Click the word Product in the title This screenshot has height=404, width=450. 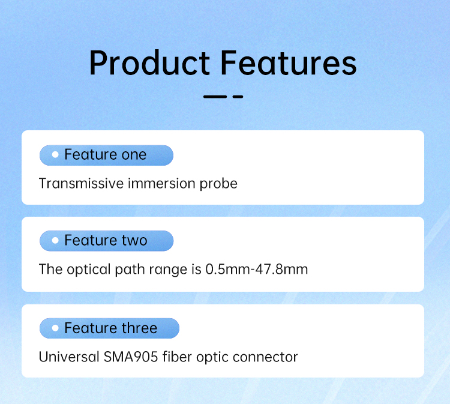149,63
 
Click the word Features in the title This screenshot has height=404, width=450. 289,63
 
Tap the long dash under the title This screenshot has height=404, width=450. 215,97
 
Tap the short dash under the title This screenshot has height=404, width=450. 238,97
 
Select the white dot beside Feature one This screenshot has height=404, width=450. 55,155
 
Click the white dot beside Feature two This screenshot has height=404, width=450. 55,240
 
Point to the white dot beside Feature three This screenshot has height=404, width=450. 55,328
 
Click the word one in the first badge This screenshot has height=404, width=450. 134,155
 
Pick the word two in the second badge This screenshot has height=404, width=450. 134,240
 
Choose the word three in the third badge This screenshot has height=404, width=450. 139,328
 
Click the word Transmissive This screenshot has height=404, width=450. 81,184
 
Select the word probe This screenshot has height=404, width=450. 218,184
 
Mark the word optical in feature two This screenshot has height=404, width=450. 89,270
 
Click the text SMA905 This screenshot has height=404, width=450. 131,357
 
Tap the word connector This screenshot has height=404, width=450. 265,358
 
